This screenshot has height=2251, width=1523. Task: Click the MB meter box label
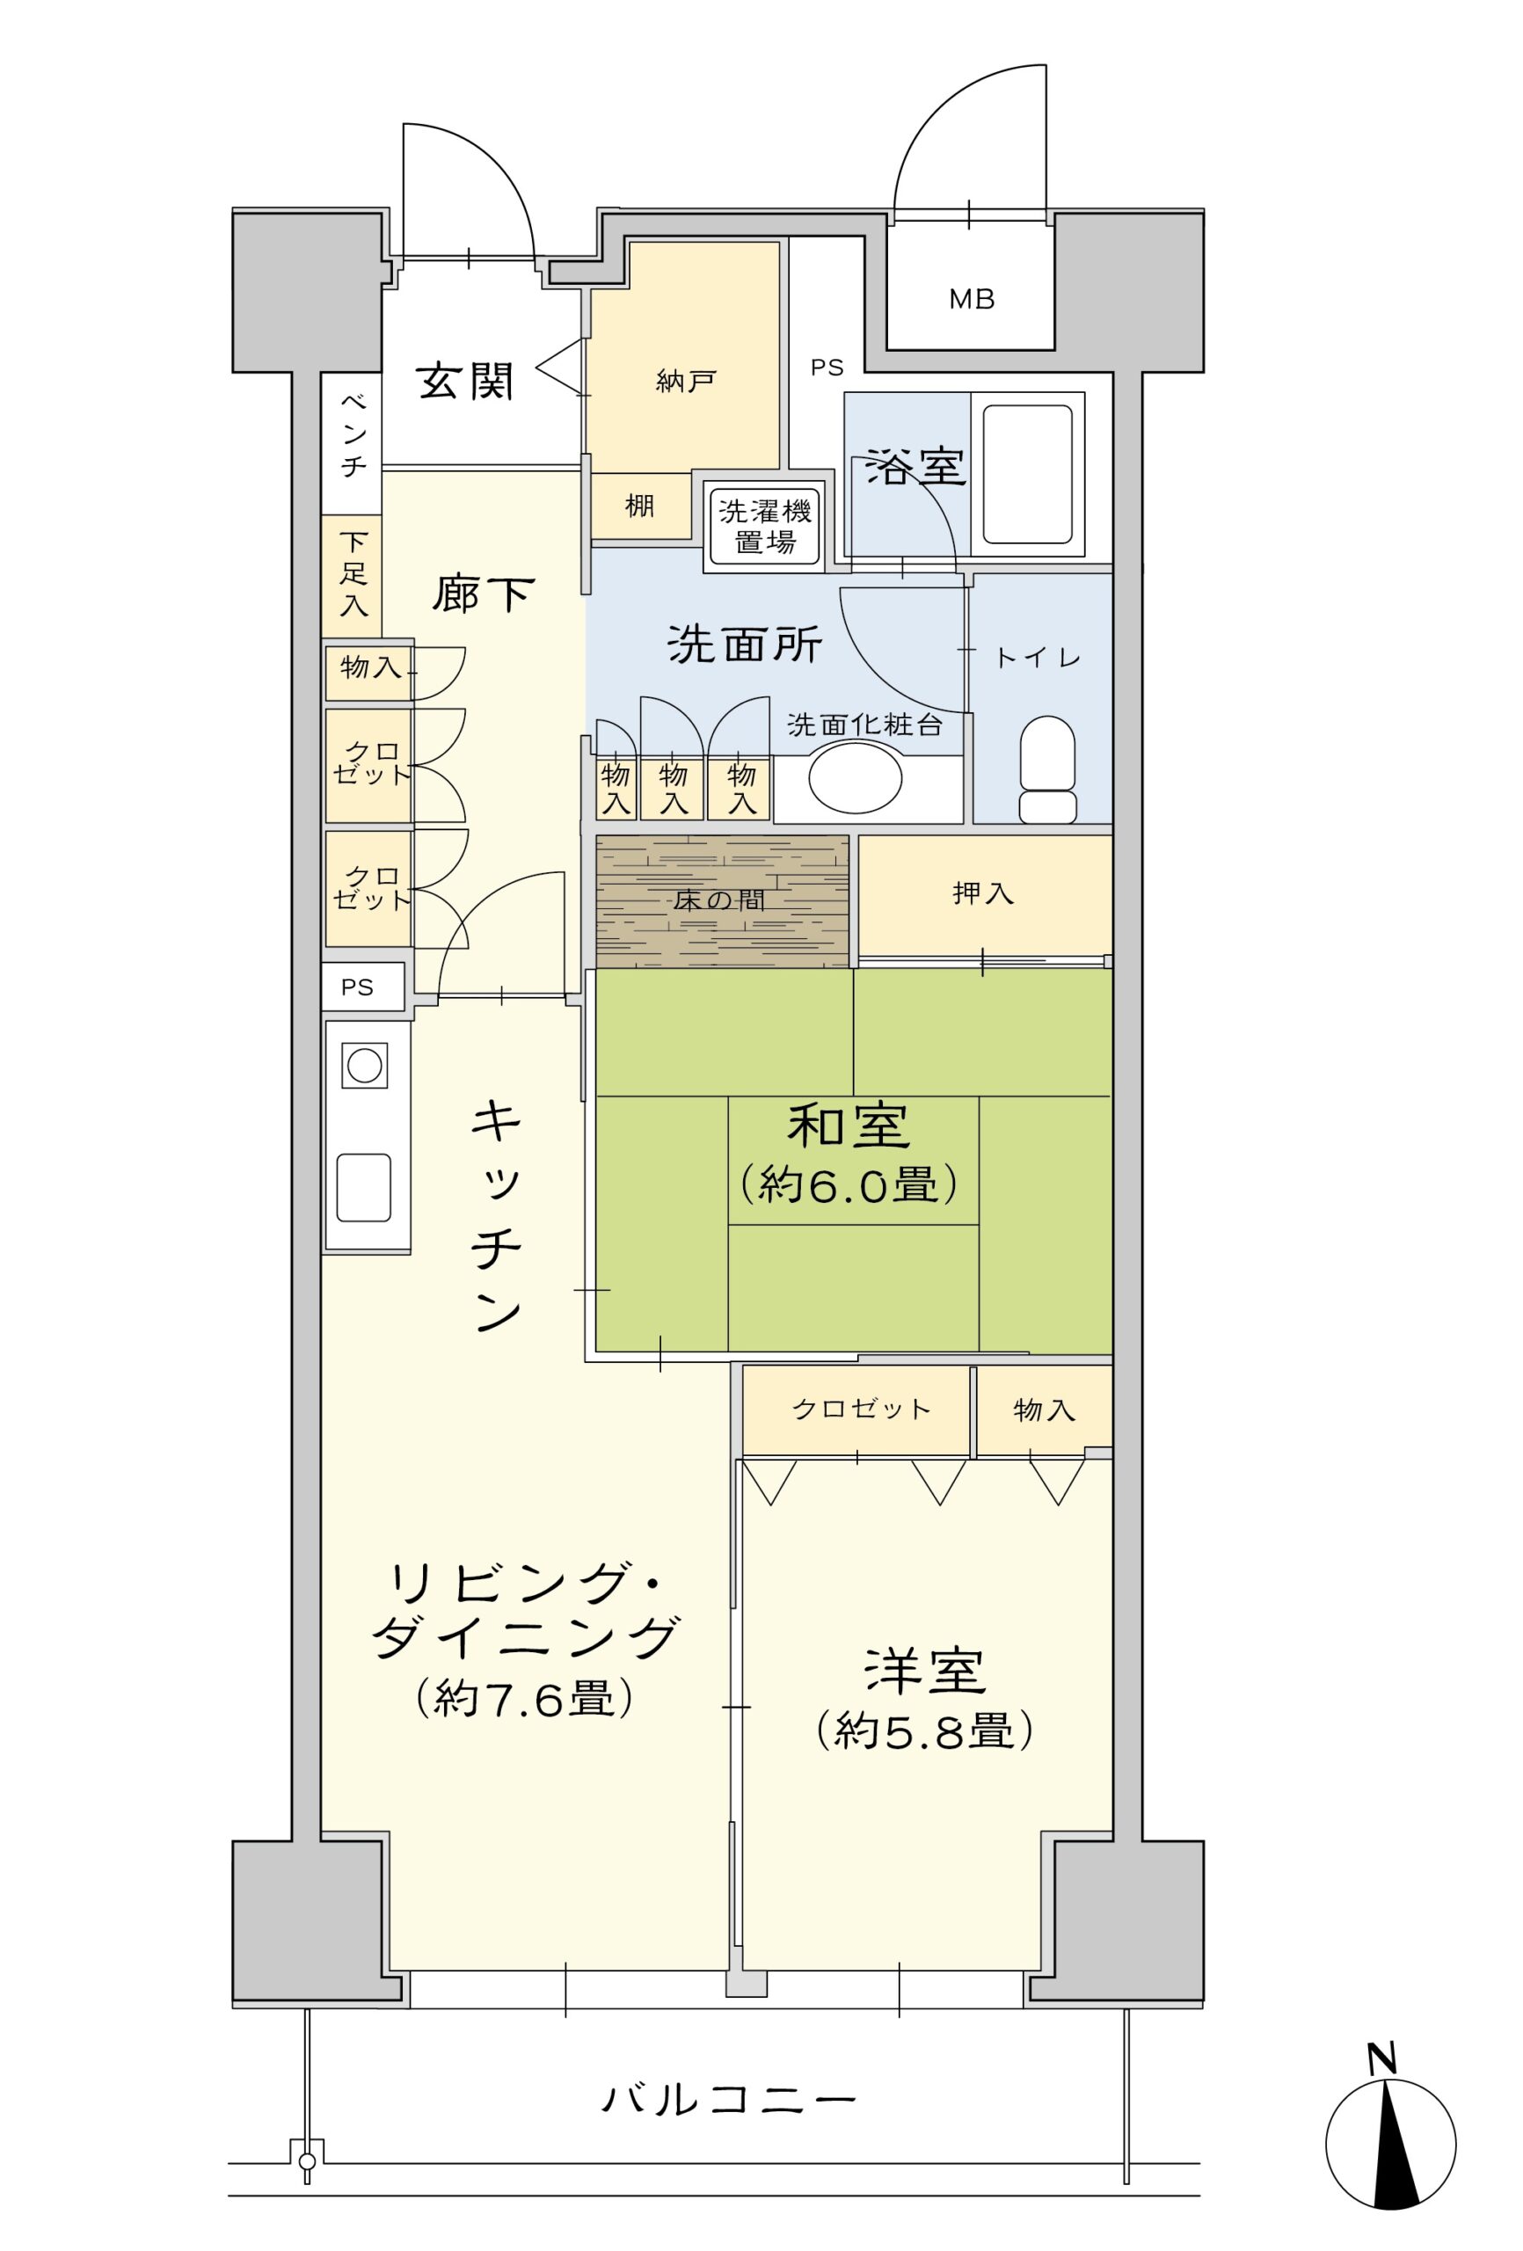coord(971,299)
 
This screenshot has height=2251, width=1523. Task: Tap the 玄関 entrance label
coord(465,382)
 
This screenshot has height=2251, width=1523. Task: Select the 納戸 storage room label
coord(685,382)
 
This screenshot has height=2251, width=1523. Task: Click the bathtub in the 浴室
coord(1027,474)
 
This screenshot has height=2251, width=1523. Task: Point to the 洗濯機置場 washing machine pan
coord(764,526)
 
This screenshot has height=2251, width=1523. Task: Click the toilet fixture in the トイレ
coord(1047,769)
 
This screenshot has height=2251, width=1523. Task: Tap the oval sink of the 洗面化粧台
coord(856,776)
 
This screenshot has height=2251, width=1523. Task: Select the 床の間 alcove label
coord(719,900)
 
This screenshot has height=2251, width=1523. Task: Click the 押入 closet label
coord(983,892)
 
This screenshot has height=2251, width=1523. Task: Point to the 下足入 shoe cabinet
coord(352,575)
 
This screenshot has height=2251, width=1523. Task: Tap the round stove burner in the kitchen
coord(364,1066)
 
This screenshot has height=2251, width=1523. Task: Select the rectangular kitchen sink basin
coord(364,1187)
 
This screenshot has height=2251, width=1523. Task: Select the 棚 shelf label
coord(639,506)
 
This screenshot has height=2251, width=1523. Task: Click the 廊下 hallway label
coord(483,593)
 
